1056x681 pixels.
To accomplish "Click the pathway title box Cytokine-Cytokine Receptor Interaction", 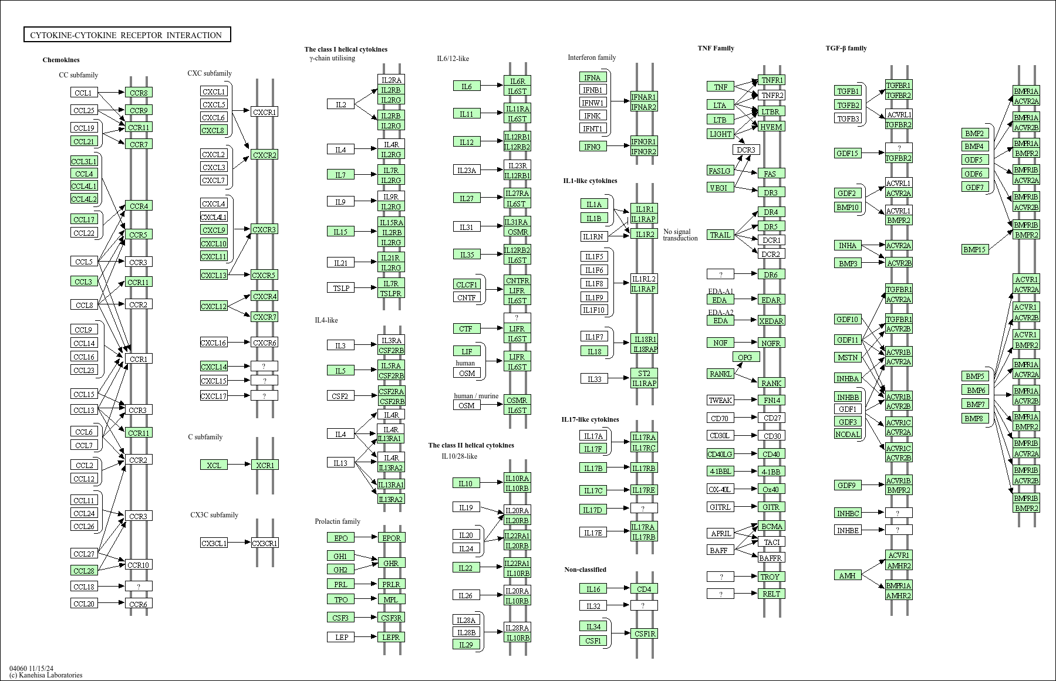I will (x=127, y=35).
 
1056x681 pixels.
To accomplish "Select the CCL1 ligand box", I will (x=84, y=93).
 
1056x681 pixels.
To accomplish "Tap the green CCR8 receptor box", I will (x=139, y=93).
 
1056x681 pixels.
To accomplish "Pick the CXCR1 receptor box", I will (x=264, y=112).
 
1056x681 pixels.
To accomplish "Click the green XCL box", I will (x=214, y=465).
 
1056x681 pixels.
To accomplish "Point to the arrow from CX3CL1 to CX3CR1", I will (x=239, y=543).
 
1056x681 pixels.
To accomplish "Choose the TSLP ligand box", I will (x=341, y=288).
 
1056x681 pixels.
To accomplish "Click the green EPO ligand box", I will (x=340, y=538).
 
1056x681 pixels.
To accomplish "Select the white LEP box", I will (x=341, y=637).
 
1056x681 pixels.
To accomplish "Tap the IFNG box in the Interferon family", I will (x=592, y=147).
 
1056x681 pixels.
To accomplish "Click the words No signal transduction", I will (x=680, y=235).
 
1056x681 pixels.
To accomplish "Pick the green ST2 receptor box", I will (x=644, y=373).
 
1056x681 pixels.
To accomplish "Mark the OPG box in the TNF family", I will (x=745, y=357).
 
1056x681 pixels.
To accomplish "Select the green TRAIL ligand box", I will (x=720, y=235).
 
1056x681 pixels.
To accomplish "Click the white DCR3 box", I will (x=746, y=150).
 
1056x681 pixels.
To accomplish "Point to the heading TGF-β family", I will (x=846, y=48).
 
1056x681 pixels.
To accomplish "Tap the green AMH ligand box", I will (x=847, y=575).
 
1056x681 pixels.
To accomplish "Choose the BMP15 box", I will (x=974, y=249).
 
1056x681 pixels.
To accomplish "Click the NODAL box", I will (x=848, y=434).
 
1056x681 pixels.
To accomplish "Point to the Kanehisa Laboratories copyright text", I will (x=46, y=675).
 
